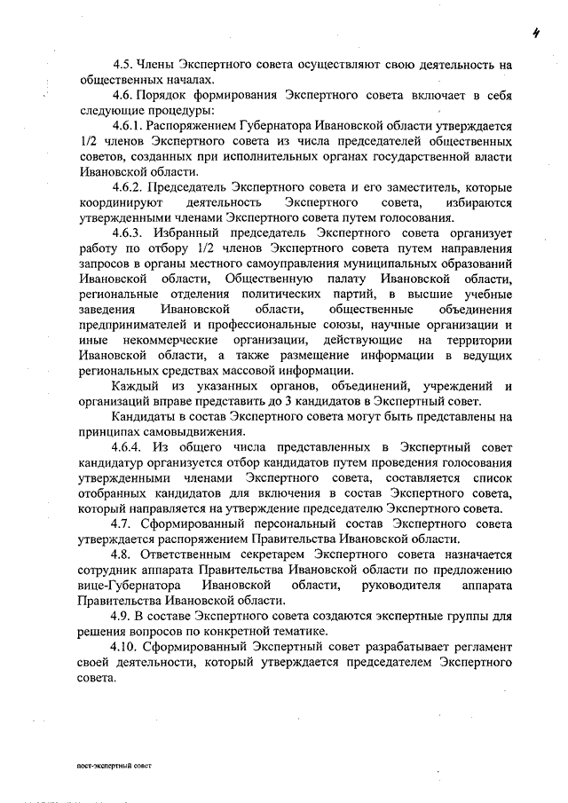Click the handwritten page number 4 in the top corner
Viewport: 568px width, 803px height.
point(537,35)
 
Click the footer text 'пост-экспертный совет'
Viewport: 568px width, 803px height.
point(114,763)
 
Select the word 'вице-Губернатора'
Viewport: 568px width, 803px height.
point(130,586)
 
